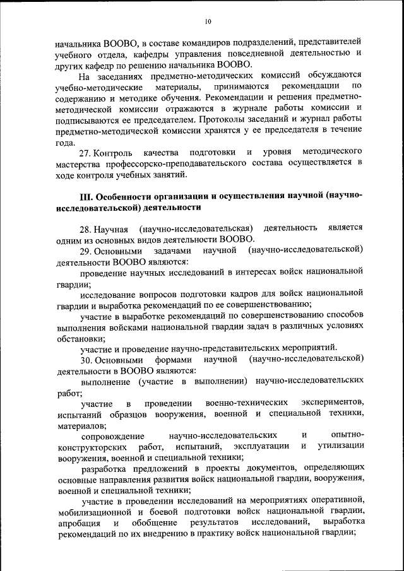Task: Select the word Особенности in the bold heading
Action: click(126, 196)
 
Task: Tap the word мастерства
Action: click(79, 164)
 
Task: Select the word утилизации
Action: click(340, 446)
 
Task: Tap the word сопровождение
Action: click(114, 435)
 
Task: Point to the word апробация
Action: click(78, 523)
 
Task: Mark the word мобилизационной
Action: click(94, 512)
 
